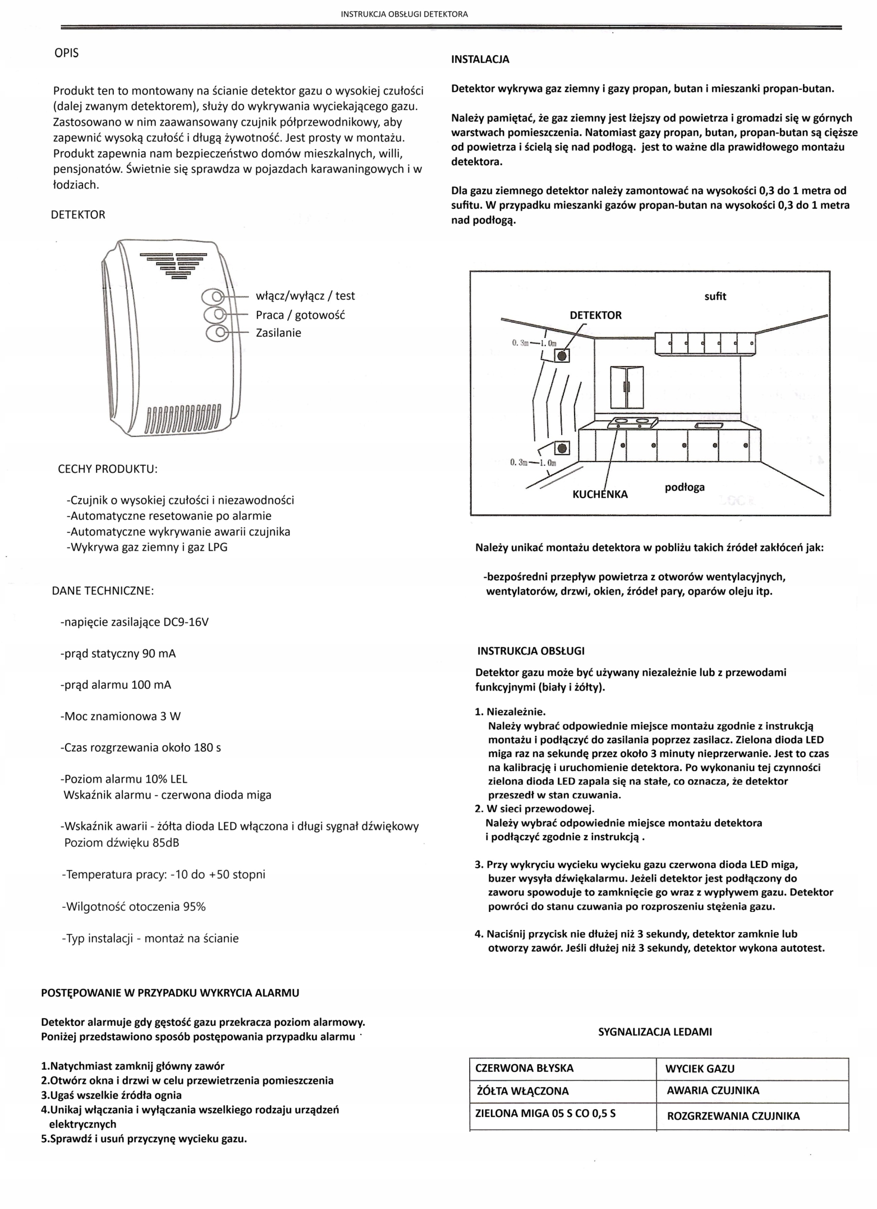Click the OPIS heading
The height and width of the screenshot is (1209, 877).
pyautogui.click(x=66, y=53)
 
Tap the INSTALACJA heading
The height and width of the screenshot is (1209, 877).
pyautogui.click(x=480, y=59)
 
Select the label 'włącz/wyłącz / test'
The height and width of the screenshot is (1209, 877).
pyautogui.click(x=305, y=296)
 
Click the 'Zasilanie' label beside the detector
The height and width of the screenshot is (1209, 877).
pyautogui.click(x=278, y=332)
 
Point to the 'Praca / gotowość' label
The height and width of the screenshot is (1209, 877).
pyautogui.click(x=300, y=315)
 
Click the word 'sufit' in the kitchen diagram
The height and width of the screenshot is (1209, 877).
pyautogui.click(x=715, y=297)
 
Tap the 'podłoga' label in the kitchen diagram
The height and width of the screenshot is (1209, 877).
pyautogui.click(x=684, y=487)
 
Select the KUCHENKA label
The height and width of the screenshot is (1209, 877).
pyautogui.click(x=600, y=494)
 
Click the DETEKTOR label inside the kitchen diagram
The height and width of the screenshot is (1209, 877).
pyautogui.click(x=595, y=315)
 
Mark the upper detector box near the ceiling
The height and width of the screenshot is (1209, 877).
pyautogui.click(x=562, y=355)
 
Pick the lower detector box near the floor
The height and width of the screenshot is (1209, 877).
pyautogui.click(x=562, y=448)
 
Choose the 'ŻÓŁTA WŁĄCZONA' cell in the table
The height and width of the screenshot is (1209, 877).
pyautogui.click(x=522, y=1091)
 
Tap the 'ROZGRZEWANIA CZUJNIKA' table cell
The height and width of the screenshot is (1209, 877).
pyautogui.click(x=733, y=1115)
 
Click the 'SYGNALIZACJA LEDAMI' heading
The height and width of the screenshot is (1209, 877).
pyautogui.click(x=655, y=1031)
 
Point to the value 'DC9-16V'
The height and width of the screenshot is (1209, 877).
pyautogui.click(x=186, y=622)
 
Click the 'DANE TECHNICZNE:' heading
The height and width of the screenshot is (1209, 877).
pyautogui.click(x=103, y=591)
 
